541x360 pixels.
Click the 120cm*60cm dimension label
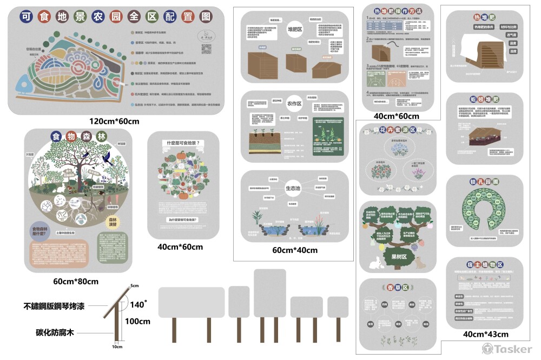(115, 121)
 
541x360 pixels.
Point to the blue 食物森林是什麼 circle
(43, 231)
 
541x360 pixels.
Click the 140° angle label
(137, 305)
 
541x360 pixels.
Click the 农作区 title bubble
(294, 103)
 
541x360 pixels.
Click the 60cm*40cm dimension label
(295, 250)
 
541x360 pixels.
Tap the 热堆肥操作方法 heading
(398, 11)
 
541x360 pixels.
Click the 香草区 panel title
(398, 287)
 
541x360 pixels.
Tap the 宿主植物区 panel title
(485, 265)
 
